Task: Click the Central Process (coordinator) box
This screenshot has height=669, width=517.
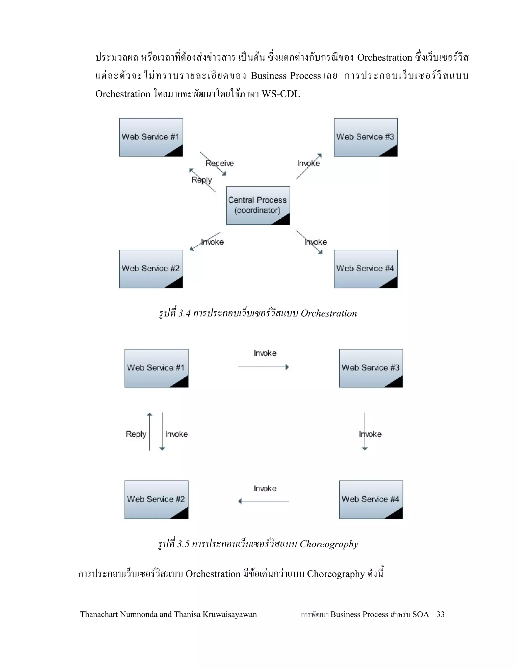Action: click(x=258, y=205)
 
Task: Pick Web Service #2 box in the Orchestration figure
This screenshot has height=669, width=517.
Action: click(x=151, y=269)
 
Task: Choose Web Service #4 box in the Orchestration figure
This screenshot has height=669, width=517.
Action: click(x=366, y=269)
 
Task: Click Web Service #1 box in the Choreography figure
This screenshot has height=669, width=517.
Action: click(x=156, y=368)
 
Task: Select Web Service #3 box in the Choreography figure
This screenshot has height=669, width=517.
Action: click(x=371, y=368)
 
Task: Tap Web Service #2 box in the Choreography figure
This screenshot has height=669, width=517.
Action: click(x=156, y=500)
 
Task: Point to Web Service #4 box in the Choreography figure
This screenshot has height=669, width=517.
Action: click(x=371, y=500)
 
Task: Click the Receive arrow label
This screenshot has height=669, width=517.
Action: click(x=220, y=163)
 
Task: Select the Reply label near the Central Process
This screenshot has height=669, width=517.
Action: click(x=201, y=180)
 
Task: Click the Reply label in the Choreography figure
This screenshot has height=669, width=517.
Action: click(x=136, y=434)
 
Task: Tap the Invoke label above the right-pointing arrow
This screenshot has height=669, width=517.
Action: click(x=265, y=353)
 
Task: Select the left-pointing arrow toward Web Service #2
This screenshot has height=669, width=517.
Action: click(x=263, y=501)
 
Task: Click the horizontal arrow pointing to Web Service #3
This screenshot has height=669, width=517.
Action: click(x=263, y=367)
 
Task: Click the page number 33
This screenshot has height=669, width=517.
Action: click(x=440, y=614)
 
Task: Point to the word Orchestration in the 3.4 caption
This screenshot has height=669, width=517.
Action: click(x=329, y=313)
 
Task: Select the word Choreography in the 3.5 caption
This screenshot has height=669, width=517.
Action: click(x=329, y=544)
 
